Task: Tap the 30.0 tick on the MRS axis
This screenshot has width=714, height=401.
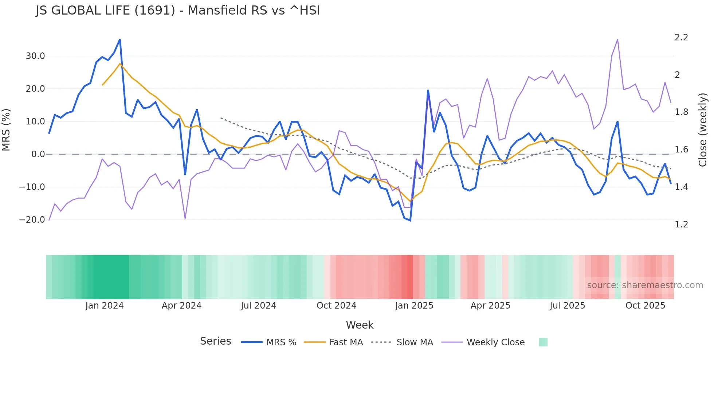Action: coord(35,56)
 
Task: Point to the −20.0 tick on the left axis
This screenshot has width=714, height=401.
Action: coord(32,220)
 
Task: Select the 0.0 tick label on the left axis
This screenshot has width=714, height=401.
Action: coord(38,154)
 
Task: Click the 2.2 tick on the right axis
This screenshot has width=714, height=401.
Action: coord(681,37)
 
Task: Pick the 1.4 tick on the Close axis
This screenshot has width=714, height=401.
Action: coord(681,187)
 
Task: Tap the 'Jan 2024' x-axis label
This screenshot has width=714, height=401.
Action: coord(105,306)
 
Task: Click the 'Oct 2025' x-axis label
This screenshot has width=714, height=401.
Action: coord(645,306)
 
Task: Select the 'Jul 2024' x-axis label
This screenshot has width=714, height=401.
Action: coord(258,306)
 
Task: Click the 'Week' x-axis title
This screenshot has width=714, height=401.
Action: coord(360,325)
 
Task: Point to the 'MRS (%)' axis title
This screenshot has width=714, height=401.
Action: coord(6,130)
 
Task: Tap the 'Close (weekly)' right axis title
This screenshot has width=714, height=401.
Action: coord(703,130)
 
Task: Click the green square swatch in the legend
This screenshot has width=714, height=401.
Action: coord(543,342)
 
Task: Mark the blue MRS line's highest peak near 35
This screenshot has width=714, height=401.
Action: coord(120,40)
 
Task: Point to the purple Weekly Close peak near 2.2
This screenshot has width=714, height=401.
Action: coord(617,39)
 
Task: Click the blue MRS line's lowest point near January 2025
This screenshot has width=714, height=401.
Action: coord(410,221)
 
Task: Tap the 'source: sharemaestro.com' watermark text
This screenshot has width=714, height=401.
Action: coord(645,285)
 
